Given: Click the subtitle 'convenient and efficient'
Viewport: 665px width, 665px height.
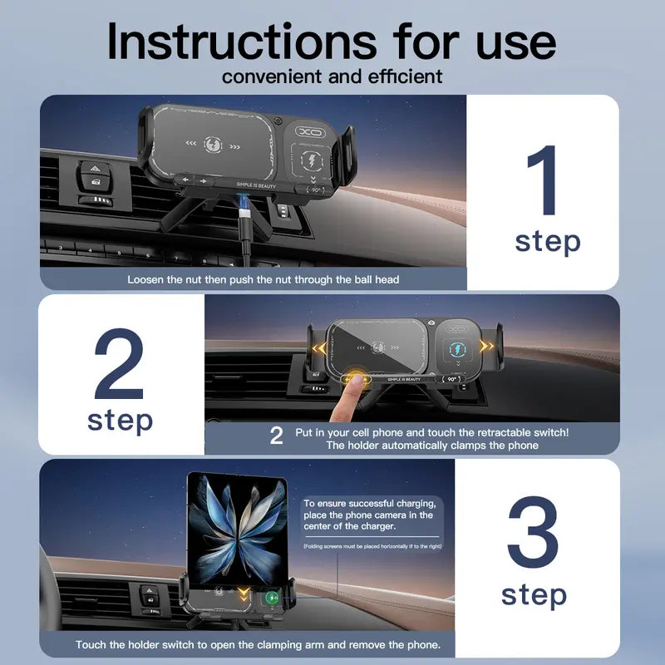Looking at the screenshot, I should tap(332, 77).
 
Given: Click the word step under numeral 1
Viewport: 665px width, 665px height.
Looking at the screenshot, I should tap(547, 242).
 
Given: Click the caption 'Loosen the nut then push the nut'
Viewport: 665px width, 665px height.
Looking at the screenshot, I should tap(263, 279).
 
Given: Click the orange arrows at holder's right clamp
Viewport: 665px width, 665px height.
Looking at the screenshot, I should tap(485, 345).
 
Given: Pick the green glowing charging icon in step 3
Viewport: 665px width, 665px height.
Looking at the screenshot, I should tap(271, 597).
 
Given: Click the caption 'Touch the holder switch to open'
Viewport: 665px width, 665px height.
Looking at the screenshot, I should tap(259, 644).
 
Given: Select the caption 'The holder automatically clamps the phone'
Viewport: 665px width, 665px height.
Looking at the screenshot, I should tap(431, 446).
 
